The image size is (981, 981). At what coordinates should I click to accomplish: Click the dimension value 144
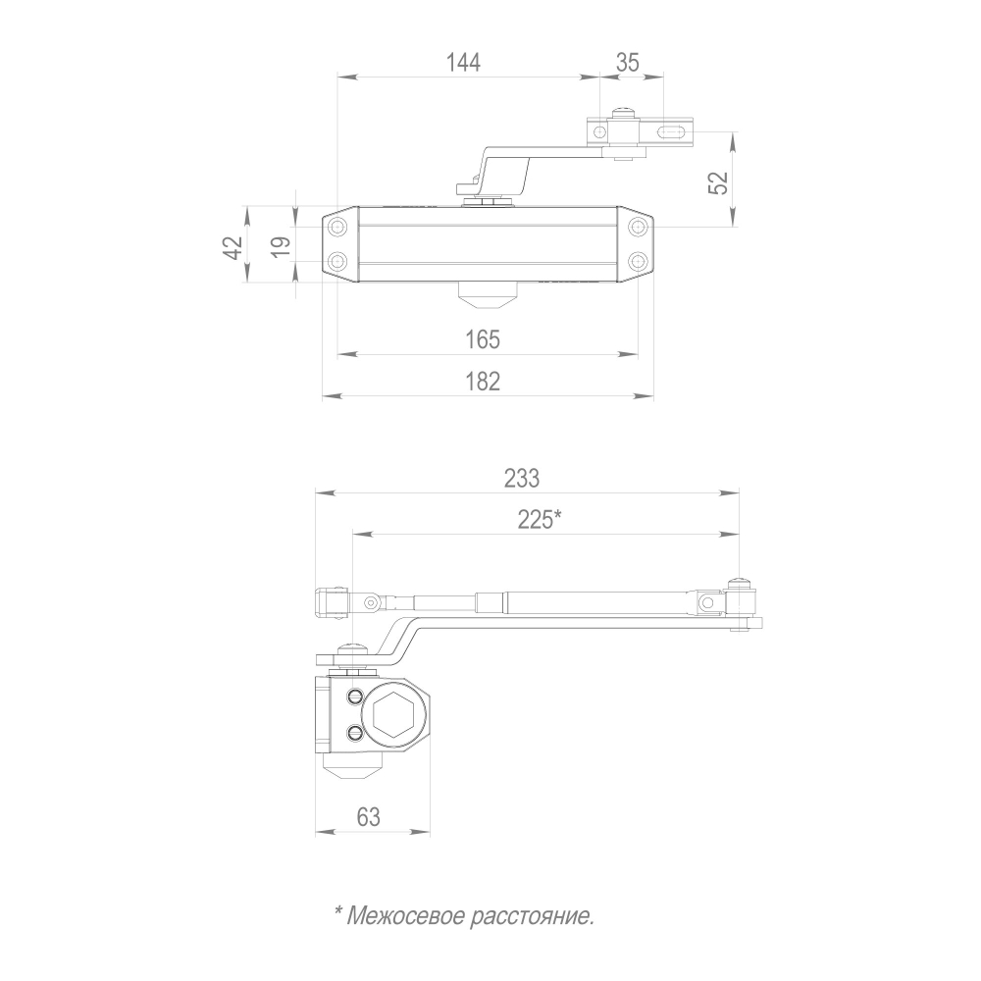(463, 63)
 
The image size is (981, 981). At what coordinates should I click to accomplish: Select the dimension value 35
(628, 63)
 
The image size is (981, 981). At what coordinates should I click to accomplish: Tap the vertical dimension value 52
(719, 182)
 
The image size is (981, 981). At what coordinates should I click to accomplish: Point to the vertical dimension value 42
(232, 246)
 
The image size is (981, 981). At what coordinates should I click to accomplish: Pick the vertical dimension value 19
(281, 245)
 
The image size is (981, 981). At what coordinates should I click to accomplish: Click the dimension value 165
(483, 339)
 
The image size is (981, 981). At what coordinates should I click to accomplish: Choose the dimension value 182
(483, 381)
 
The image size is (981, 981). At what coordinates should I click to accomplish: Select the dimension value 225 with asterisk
(540, 519)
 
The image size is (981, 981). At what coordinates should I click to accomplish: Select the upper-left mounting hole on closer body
(338, 228)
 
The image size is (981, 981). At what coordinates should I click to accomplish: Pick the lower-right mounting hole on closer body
(639, 262)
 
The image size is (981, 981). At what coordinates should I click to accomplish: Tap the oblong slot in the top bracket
(672, 130)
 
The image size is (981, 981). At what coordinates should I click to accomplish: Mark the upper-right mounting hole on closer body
(639, 228)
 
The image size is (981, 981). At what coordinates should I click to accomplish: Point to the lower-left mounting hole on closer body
(338, 262)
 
